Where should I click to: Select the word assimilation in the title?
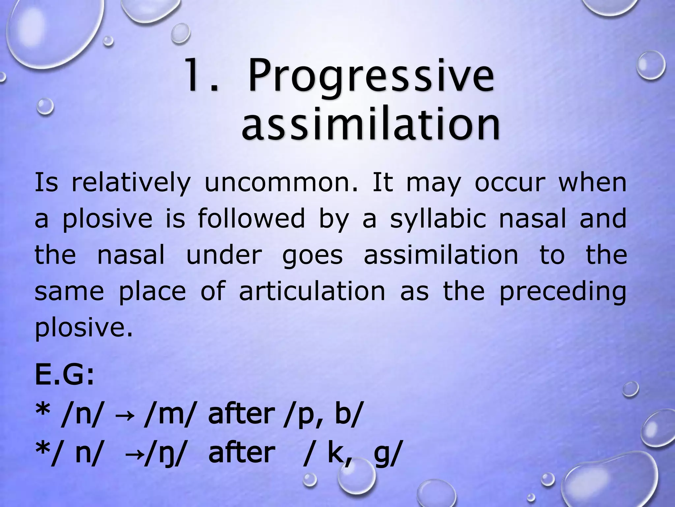click(371, 125)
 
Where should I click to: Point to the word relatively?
click(131, 183)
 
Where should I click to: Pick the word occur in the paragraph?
click(508, 183)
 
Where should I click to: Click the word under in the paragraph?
click(224, 255)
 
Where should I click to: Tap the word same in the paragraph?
click(69, 291)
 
